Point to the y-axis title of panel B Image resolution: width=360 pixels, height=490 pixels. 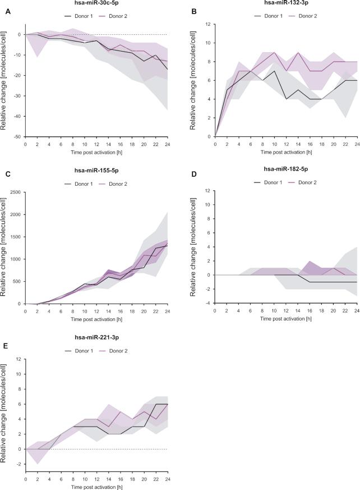click(195, 80)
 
